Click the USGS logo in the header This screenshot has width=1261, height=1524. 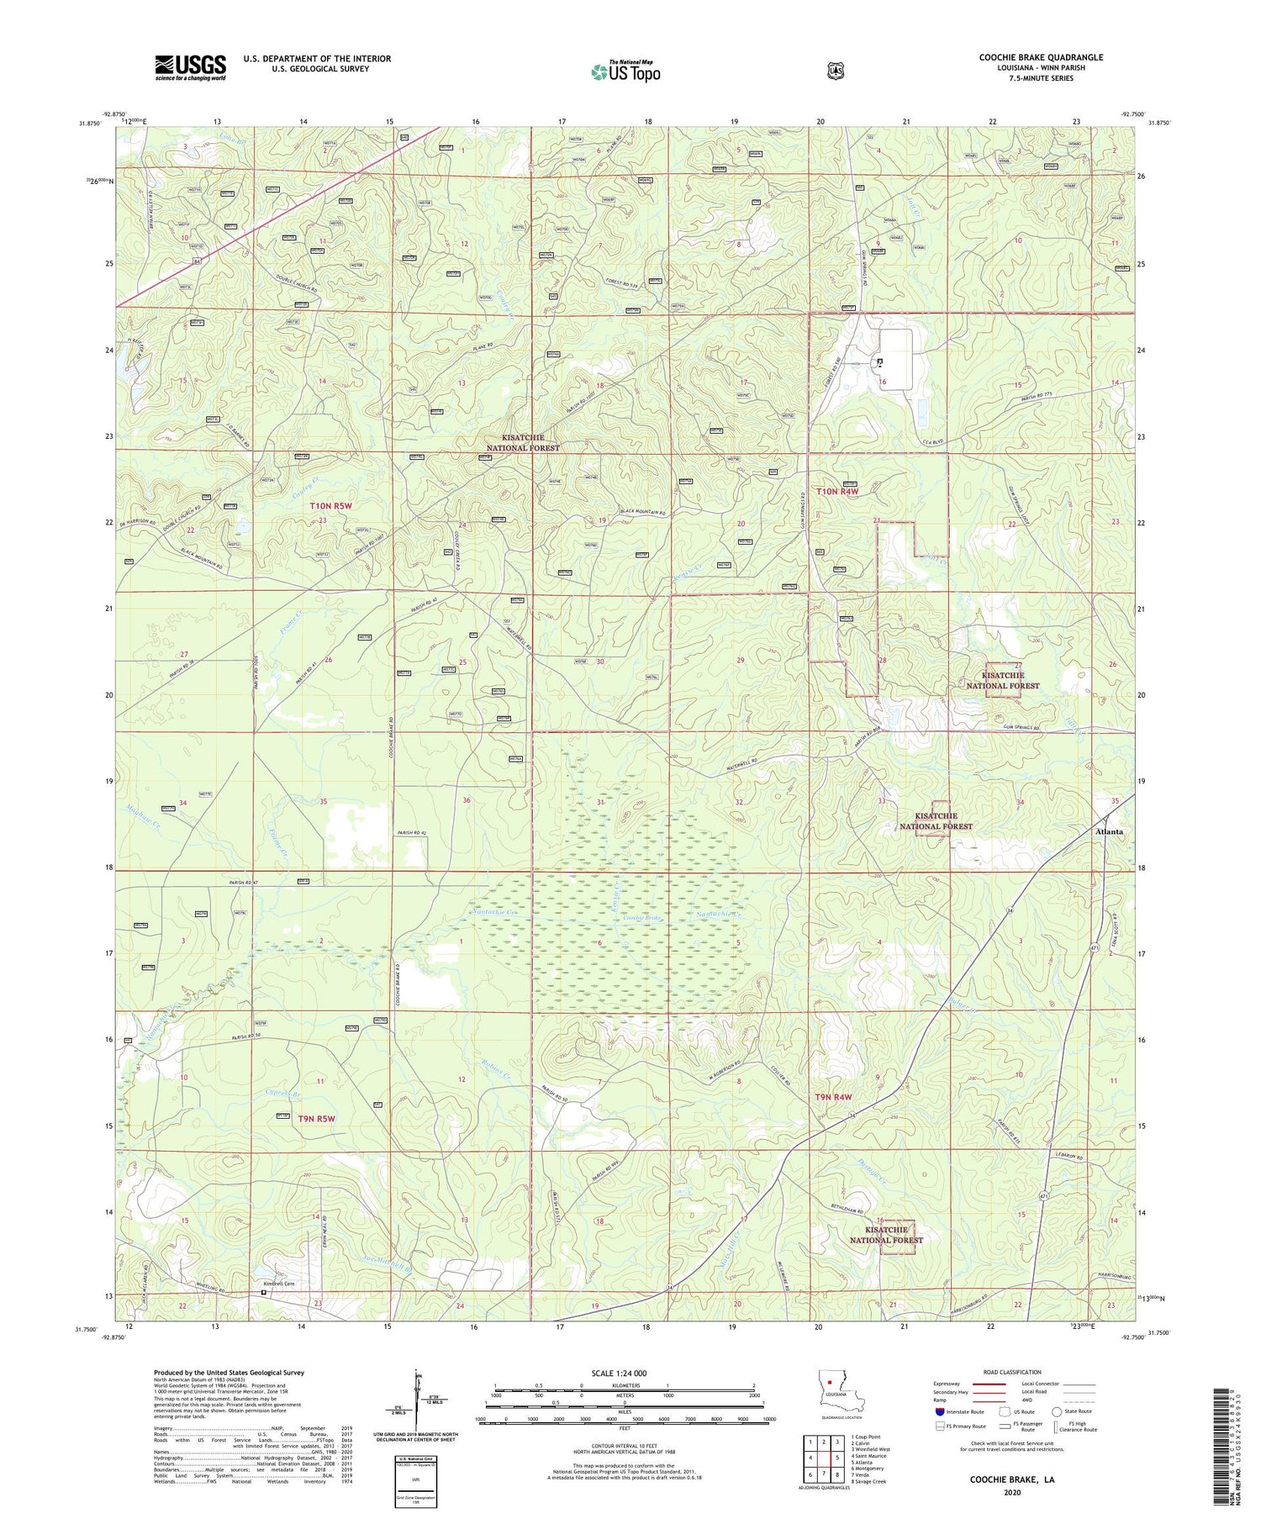[x=190, y=67]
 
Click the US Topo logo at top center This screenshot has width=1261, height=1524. [x=625, y=71]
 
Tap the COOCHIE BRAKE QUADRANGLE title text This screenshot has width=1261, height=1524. [x=1040, y=57]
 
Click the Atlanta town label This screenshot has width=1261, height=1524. [x=1109, y=831]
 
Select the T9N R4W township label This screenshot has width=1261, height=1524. [x=833, y=1097]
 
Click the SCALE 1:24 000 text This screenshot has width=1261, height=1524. [x=619, y=1373]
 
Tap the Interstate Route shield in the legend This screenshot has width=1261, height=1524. [x=939, y=1411]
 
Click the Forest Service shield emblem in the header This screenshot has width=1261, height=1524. [x=835, y=71]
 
